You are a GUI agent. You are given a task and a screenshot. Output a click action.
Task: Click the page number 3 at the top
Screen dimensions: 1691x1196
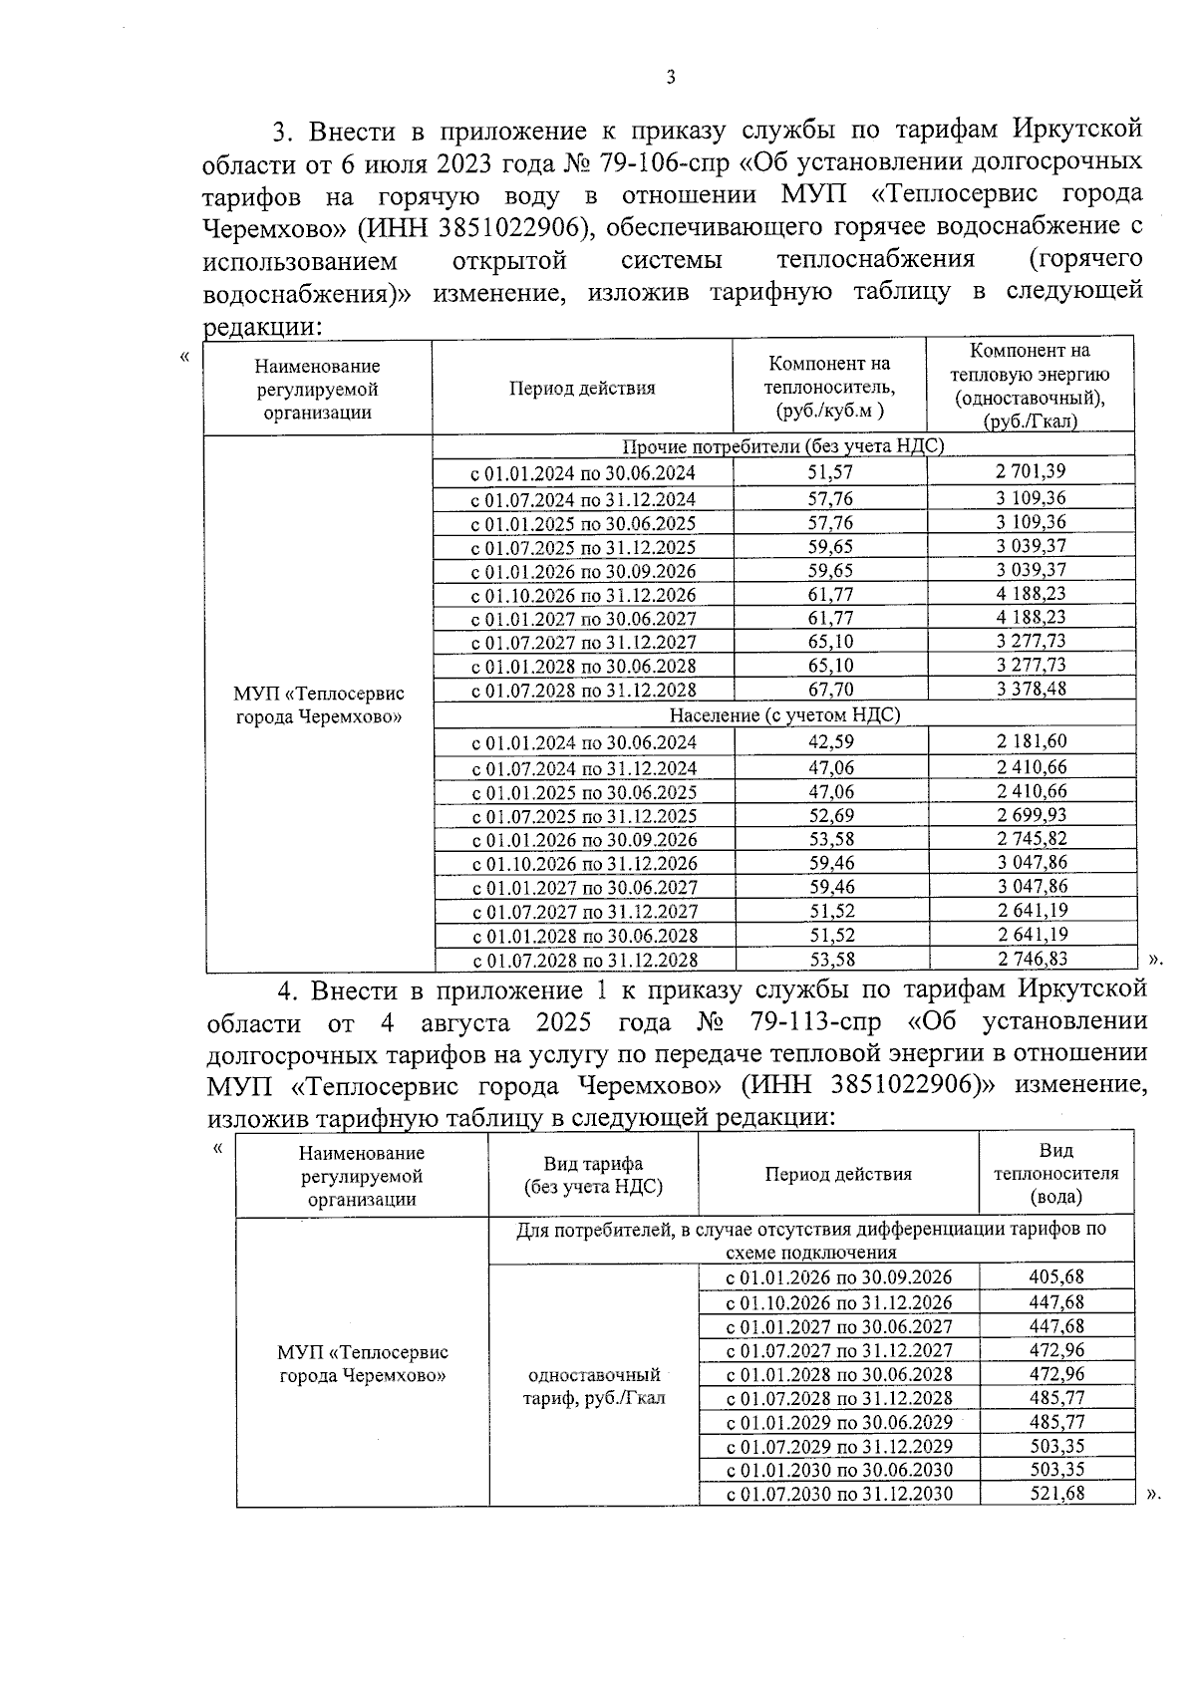tap(670, 78)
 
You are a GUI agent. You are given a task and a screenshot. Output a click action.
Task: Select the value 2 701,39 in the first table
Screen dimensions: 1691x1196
tap(1030, 471)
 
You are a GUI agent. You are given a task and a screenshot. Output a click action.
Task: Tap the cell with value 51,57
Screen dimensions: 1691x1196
tap(829, 473)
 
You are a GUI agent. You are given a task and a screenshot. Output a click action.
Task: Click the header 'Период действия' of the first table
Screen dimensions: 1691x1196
tap(582, 389)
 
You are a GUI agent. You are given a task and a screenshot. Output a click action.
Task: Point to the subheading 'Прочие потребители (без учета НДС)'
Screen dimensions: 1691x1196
tap(782, 446)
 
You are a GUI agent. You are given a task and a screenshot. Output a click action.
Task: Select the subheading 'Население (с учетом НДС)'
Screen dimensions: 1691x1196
tap(783, 714)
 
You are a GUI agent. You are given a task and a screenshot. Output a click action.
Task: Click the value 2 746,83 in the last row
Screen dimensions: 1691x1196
tap(1032, 960)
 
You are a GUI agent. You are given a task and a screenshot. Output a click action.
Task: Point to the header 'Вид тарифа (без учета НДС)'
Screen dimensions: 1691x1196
tap(593, 1175)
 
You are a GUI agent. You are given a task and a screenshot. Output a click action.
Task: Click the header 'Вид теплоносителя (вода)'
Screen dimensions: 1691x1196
tap(1055, 1174)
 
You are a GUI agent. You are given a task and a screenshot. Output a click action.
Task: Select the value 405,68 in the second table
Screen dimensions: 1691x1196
tap(1055, 1277)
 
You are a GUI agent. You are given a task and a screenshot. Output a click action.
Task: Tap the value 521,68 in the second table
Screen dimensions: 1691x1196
tap(1055, 1494)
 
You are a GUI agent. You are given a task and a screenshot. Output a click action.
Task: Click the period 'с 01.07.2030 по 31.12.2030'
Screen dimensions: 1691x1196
tap(838, 1494)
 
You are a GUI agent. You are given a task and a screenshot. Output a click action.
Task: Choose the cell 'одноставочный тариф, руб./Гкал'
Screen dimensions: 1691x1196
tap(593, 1386)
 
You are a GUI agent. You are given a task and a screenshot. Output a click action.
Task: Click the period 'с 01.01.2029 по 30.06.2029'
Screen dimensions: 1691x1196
tap(838, 1422)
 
